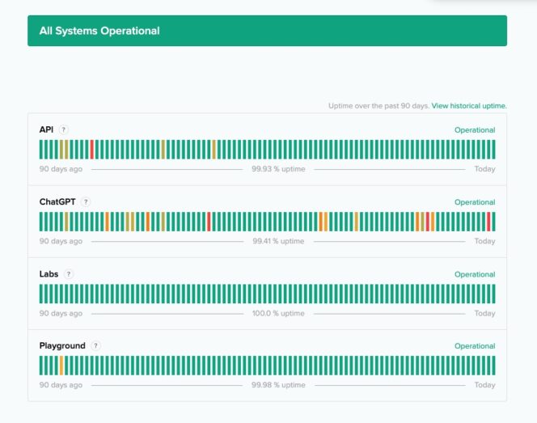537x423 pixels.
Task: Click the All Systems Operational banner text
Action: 99,31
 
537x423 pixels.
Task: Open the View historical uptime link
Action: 469,106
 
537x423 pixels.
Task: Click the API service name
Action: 46,129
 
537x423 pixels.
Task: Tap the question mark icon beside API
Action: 64,129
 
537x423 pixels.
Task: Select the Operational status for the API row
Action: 475,130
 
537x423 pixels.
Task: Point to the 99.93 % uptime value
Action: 277,169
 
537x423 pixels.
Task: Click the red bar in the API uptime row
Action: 92,149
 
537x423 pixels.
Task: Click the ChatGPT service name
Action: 57,201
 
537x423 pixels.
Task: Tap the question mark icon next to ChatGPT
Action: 86,202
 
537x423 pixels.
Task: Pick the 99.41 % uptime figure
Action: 278,241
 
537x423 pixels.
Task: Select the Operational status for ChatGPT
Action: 475,202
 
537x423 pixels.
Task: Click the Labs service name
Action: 49,273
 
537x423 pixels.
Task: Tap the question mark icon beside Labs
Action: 69,274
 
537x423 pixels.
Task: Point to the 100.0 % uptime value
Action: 278,313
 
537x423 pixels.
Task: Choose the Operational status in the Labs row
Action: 475,274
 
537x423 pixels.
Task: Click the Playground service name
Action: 62,345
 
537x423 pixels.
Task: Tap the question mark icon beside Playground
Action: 95,346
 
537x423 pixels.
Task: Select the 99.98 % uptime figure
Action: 278,385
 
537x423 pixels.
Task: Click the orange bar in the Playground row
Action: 61,365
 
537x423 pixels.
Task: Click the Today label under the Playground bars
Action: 484,385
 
